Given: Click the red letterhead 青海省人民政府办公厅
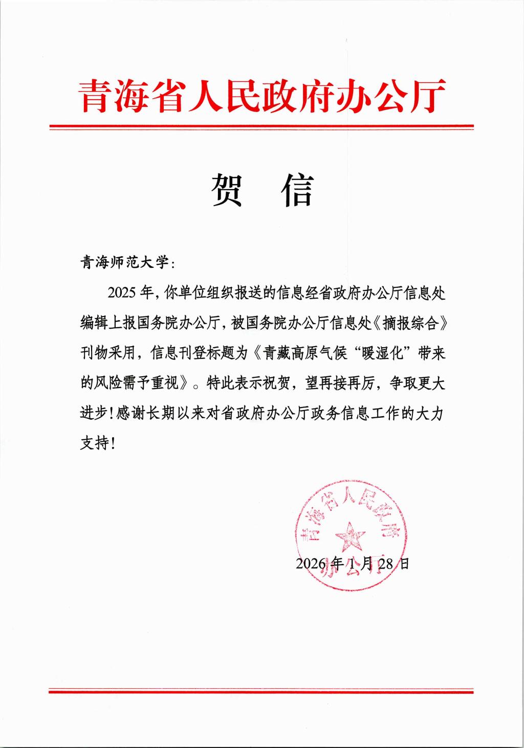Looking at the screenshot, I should tap(262, 96).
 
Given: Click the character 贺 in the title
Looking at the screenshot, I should tap(227, 189).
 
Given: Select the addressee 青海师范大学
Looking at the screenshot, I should tap(124, 263).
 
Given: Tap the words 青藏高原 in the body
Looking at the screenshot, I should tap(291, 353).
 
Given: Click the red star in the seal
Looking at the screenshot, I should tap(350, 535).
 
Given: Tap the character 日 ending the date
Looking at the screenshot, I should tap(404, 563).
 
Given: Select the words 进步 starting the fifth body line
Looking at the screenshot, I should tap(94, 413).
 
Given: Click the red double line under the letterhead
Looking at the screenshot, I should tap(261, 127).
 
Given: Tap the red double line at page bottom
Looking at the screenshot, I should tap(261, 692).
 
